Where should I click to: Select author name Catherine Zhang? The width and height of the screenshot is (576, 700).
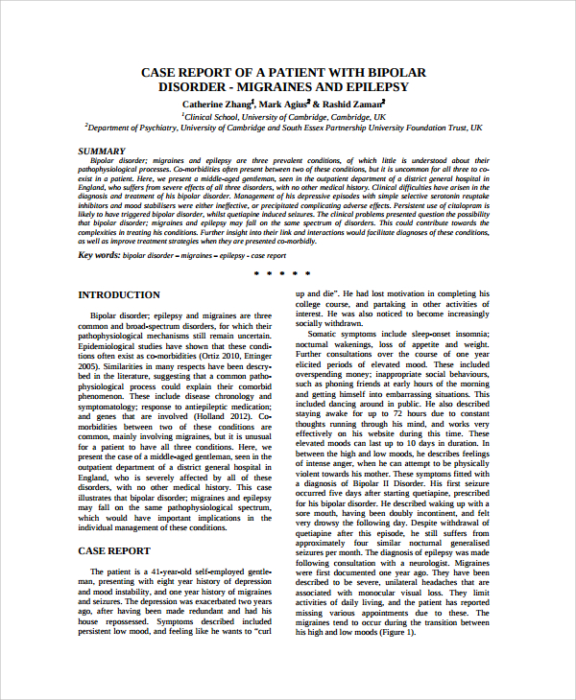[217, 103]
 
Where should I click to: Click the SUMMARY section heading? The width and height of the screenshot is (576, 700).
[101, 152]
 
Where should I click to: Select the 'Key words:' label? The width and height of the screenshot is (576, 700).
[99, 255]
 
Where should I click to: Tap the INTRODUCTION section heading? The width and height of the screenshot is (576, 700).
[119, 295]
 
